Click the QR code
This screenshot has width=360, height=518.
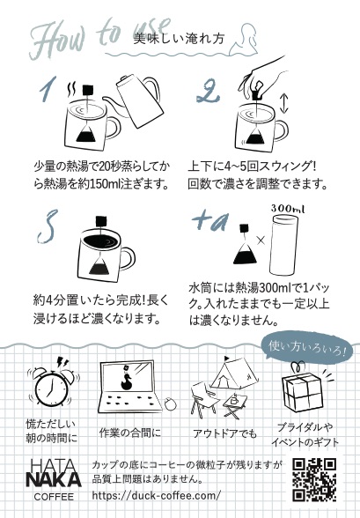[x=314, y=479]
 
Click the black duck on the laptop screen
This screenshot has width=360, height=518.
[x=126, y=383]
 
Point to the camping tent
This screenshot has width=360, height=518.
[x=234, y=373]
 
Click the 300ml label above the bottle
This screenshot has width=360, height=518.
[x=288, y=209]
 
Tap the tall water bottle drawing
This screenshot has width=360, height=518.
[x=284, y=245]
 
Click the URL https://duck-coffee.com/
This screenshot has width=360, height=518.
[x=156, y=495]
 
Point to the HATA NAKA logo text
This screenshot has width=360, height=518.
[x=54, y=473]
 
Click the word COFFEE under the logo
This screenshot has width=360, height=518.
[x=54, y=497]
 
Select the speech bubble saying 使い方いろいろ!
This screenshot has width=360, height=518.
[x=306, y=348]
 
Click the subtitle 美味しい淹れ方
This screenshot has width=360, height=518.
[x=179, y=39]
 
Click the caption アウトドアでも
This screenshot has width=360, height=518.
[x=224, y=433]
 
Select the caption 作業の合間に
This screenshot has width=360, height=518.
[x=130, y=433]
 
